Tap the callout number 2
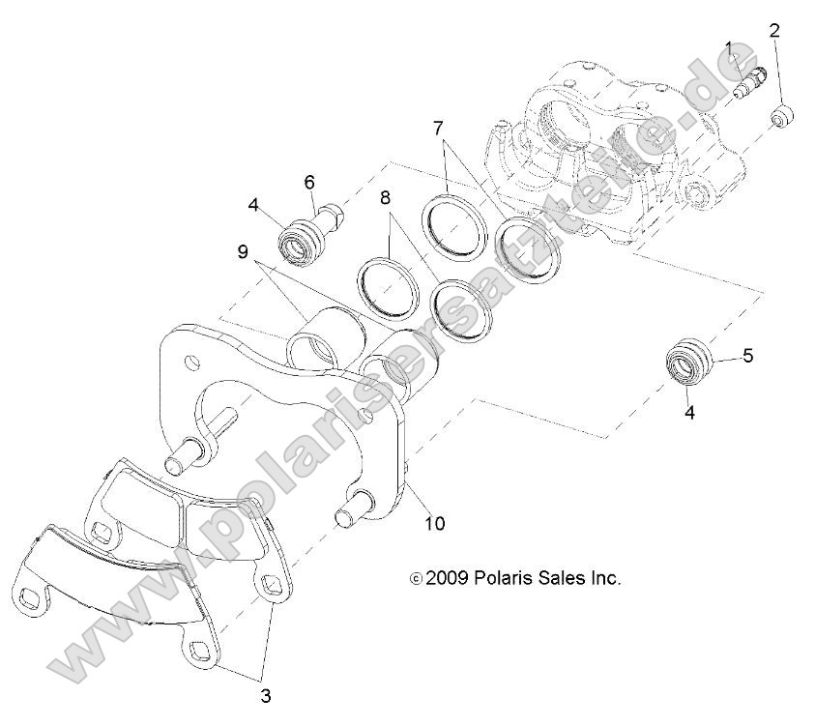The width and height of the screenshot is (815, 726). [x=773, y=30]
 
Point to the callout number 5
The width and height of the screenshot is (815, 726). [x=747, y=356]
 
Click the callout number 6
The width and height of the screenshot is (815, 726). [x=309, y=181]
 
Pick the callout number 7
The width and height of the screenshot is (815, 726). [x=438, y=127]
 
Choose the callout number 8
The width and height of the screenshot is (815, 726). [x=385, y=198]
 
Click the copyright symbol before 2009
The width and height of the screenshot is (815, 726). [x=416, y=579]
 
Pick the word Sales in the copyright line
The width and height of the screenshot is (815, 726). [x=562, y=578]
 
